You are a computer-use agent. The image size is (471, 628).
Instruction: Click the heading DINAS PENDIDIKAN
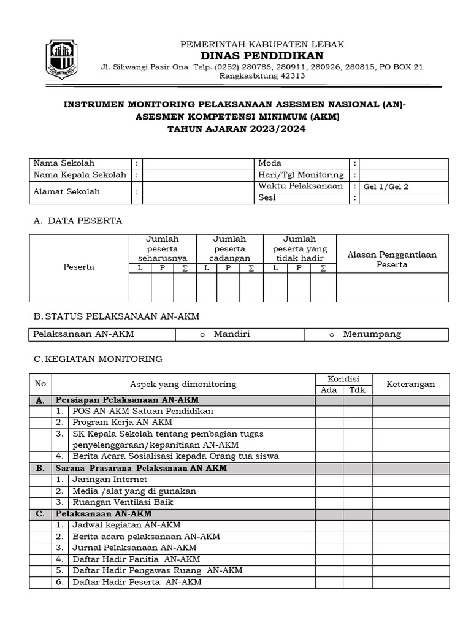click(x=262, y=56)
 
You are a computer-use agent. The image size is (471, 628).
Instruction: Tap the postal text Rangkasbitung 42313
click(x=262, y=76)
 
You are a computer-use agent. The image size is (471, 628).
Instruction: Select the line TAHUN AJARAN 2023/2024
click(x=235, y=129)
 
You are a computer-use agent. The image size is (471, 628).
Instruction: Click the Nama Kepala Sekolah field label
click(x=80, y=175)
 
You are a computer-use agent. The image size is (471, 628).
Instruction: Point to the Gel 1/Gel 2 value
click(x=386, y=187)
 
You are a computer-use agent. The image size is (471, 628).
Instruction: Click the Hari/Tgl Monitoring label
click(x=301, y=175)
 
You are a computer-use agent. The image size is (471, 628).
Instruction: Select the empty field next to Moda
click(x=404, y=164)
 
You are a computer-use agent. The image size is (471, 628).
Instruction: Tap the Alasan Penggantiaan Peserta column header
click(x=392, y=259)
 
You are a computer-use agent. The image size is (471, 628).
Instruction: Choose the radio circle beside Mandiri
click(x=202, y=334)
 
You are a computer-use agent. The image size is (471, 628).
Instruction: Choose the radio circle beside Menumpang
click(x=332, y=334)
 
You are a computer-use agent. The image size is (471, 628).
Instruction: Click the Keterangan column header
click(x=410, y=385)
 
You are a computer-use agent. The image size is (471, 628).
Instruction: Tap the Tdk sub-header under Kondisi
click(x=357, y=390)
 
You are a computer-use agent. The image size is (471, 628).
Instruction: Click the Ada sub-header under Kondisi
click(x=329, y=390)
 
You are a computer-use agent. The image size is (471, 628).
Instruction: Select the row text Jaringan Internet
click(x=109, y=480)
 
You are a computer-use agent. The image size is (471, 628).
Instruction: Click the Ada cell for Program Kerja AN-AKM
click(x=329, y=423)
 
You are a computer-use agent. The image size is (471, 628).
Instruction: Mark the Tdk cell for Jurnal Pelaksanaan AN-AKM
click(x=357, y=548)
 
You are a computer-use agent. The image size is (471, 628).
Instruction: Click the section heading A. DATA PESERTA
click(x=78, y=220)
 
